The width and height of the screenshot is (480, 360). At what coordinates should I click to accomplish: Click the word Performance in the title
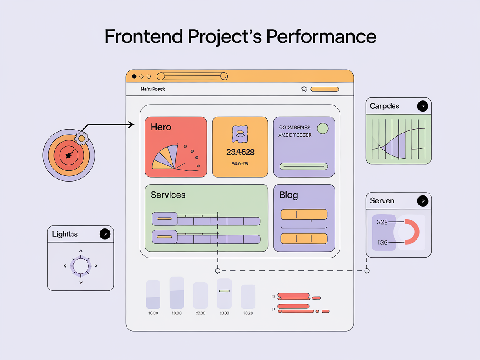pos(321,37)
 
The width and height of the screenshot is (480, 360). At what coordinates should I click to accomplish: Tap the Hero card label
pos(161,127)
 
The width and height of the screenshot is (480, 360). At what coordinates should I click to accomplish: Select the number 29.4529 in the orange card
pos(240,152)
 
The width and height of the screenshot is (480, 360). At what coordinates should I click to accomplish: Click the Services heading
pos(168,195)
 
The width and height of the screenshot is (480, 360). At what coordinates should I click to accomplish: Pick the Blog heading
pos(288,195)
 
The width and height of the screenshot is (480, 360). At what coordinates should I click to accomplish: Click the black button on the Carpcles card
pos(422,106)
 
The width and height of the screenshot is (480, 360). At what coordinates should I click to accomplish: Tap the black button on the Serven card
pos(422,201)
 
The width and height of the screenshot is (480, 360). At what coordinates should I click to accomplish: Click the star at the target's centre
pos(68,155)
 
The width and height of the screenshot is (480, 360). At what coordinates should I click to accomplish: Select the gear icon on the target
pos(82,138)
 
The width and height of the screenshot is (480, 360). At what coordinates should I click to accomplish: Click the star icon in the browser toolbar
pos(304,89)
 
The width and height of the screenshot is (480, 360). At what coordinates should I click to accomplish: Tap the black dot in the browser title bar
pos(134,77)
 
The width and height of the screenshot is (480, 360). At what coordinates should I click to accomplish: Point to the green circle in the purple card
pos(322,128)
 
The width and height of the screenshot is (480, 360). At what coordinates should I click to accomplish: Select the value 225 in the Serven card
pos(382,222)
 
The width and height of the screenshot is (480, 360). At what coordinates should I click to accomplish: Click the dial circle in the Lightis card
pos(80,265)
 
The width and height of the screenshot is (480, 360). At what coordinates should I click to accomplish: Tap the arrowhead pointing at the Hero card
pos(132,125)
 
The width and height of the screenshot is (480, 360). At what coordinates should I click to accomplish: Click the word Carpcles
pos(384,106)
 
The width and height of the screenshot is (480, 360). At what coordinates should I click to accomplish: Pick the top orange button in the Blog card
pos(304,214)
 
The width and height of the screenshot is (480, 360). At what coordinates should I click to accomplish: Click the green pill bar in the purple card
pos(304,166)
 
